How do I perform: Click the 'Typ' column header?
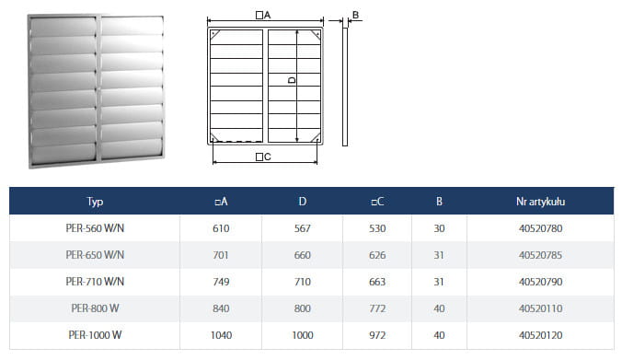[95, 202]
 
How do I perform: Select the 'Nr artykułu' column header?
[540, 202]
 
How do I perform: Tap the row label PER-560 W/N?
[95, 228]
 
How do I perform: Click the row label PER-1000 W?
[95, 335]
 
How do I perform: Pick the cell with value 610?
[221, 228]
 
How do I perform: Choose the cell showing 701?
[221, 255]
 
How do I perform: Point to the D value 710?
[303, 282]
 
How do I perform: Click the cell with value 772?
[377, 308]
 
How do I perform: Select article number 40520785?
[540, 255]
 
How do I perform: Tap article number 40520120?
[540, 335]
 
